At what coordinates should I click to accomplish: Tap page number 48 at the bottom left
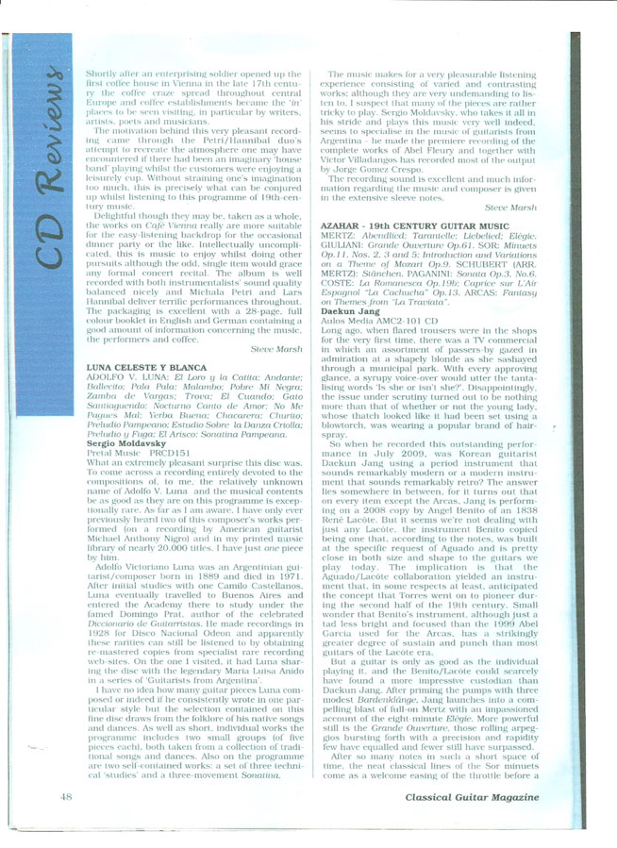click(67, 798)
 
